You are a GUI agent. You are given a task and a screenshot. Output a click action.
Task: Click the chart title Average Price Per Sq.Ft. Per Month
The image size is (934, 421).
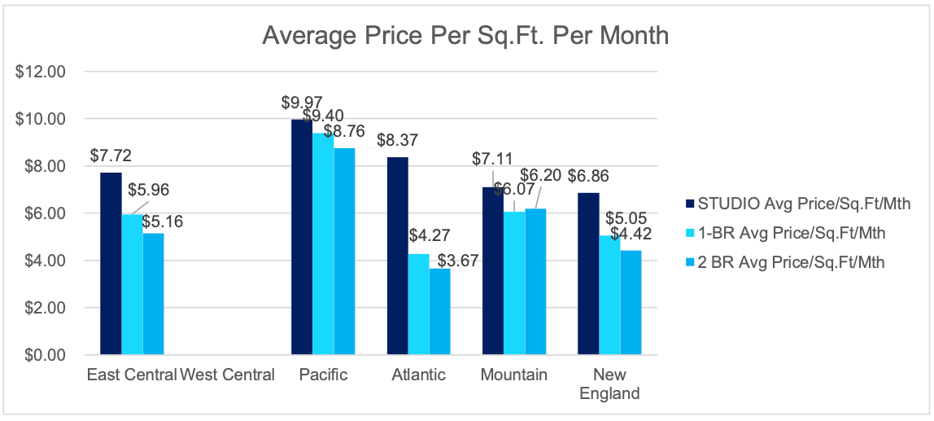(465, 37)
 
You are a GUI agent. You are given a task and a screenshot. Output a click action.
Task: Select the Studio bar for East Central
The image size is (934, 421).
(111, 264)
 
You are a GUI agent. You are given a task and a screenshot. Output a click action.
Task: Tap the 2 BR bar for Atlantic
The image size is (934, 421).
(439, 312)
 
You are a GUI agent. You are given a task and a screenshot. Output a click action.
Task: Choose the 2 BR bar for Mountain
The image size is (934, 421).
(535, 282)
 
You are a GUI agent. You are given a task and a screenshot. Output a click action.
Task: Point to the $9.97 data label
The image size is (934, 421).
(302, 103)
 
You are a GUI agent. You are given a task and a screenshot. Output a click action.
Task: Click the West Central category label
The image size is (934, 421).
(227, 375)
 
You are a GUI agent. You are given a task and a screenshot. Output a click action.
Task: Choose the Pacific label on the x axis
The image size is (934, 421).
(323, 375)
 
